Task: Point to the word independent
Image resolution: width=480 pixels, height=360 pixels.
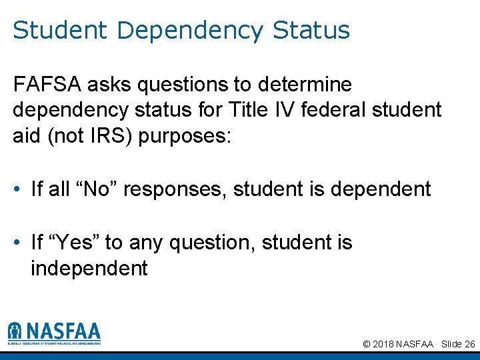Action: click(x=89, y=269)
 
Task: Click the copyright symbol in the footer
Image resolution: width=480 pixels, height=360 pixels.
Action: click(x=367, y=344)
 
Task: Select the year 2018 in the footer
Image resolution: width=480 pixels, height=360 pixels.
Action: click(x=383, y=344)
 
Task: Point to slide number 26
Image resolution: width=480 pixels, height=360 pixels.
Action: click(x=469, y=344)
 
